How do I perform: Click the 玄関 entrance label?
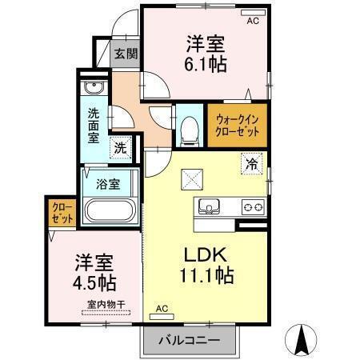point(125,54)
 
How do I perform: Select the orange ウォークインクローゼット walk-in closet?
point(237,126)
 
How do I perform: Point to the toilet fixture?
point(190,129)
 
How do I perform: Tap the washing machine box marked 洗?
point(121,146)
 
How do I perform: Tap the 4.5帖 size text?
point(95,282)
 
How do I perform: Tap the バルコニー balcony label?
point(189,338)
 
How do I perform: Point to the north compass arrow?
point(303,340)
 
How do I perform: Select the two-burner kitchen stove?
point(253,206)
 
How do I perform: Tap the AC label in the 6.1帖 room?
point(253,22)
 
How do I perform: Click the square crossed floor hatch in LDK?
point(192,178)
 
